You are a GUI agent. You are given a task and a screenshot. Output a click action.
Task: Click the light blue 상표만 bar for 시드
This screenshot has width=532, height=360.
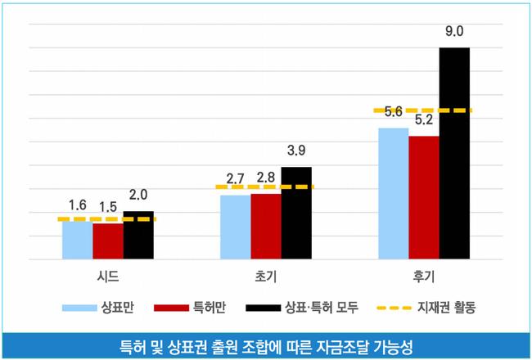78,240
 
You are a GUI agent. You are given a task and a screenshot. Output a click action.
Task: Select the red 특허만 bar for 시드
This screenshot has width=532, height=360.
108,241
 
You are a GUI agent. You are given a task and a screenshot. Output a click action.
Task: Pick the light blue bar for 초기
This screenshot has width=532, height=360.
236,227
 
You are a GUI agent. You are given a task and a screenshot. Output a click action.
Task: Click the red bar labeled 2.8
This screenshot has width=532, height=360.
266,227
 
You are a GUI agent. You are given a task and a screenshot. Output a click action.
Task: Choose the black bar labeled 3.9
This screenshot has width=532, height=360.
296,214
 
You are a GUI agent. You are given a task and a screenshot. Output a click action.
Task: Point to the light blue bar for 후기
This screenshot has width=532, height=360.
394,194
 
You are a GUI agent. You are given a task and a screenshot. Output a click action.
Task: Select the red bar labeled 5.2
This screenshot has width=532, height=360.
424,198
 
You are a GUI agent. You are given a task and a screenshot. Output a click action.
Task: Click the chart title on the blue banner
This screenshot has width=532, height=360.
266,345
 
